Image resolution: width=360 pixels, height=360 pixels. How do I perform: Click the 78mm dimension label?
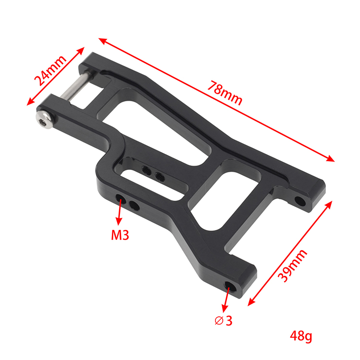pos(225,93)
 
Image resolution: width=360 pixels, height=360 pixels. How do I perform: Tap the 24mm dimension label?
pos(50,71)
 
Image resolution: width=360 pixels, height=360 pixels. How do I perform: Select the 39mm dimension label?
pos(292,265)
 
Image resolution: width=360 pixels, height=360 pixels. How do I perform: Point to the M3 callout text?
pos(120,235)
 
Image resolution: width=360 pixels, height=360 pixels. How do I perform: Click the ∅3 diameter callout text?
pos(224,321)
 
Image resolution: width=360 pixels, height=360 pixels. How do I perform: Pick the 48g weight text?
pos(301,336)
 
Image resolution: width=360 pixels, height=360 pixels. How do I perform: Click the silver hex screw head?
pos(45,120)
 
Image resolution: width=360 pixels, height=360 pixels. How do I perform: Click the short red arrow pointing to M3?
pos(120,212)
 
